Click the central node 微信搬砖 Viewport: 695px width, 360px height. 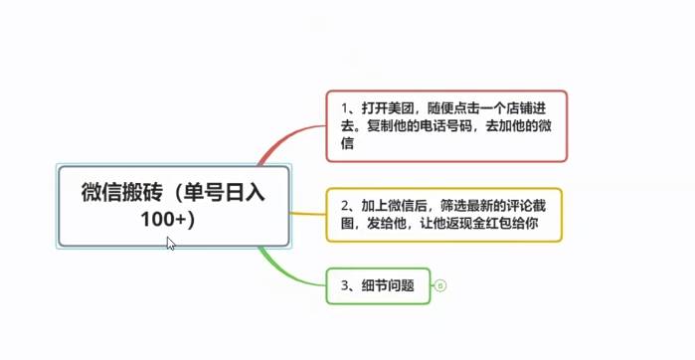[174, 204]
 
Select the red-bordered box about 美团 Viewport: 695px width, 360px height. [446, 125]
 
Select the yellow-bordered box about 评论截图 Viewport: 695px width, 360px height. [443, 214]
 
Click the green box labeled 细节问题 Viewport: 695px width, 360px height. [378, 285]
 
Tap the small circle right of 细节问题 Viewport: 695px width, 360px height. [440, 285]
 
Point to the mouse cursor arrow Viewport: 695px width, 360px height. [170, 243]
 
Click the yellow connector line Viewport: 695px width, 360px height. [307, 213]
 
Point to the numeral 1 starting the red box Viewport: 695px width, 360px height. [343, 107]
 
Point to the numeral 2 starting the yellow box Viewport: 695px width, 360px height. [343, 205]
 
